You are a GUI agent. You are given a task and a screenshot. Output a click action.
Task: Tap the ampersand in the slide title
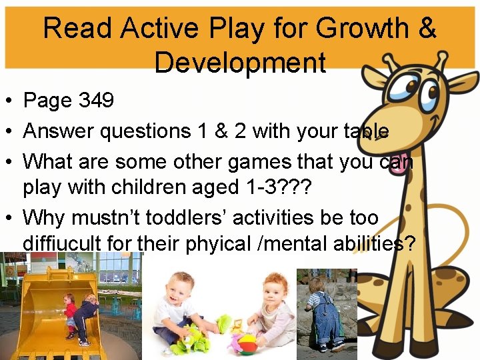(426, 28)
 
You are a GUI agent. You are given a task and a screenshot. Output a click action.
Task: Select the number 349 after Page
(97, 101)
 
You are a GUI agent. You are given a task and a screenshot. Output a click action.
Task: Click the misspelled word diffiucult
(65, 243)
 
